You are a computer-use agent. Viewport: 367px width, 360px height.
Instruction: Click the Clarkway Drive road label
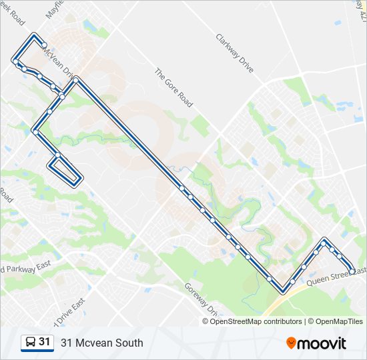[x=236, y=53]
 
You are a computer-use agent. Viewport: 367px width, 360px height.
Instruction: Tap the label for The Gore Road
[x=173, y=87]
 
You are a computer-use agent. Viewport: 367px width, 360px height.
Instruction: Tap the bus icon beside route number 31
[x=30, y=342]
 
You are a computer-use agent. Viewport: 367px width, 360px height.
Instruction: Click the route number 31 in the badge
[x=44, y=342]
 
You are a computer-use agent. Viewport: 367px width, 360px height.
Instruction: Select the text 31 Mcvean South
[x=101, y=343]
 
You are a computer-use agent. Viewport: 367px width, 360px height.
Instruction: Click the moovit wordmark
[x=323, y=343]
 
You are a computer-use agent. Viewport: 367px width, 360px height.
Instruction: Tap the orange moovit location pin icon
[x=291, y=343]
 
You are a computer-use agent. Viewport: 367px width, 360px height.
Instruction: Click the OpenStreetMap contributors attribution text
[x=256, y=321]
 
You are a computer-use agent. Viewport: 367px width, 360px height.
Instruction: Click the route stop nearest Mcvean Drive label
[x=40, y=77]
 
